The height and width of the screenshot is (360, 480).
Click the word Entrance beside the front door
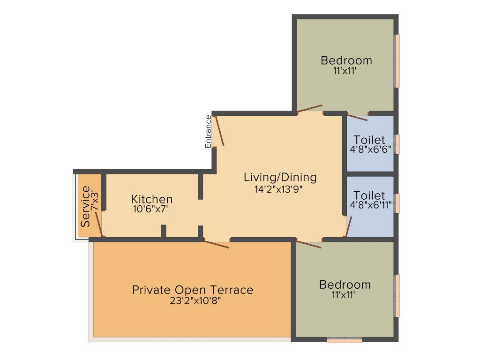[x=208, y=132]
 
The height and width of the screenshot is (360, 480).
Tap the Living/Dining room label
[x=280, y=178]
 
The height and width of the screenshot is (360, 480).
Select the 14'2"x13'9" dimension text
[x=278, y=189]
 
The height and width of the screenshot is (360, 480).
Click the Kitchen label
[x=152, y=199]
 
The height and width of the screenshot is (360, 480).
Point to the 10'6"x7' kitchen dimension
[x=150, y=210]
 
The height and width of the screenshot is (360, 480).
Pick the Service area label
[x=85, y=206]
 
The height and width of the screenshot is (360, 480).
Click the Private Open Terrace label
[x=193, y=290]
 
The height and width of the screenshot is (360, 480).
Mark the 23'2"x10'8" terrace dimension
[x=195, y=300]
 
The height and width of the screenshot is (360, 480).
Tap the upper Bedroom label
[x=346, y=60]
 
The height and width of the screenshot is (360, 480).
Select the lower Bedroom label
[x=345, y=285]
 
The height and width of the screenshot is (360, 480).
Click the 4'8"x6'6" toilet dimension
[x=371, y=150]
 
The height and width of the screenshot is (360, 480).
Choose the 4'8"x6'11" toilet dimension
[x=371, y=205]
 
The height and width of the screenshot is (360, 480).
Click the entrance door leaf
[x=219, y=131]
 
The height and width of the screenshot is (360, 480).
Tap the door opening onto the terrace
[x=217, y=244]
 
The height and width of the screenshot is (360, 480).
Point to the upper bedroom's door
[x=310, y=109]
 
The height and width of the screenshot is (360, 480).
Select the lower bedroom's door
[x=309, y=244]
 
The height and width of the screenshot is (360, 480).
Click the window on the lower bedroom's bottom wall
[x=345, y=340]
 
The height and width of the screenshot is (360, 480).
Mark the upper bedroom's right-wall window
[x=397, y=61]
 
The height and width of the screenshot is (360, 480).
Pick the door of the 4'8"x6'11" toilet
[x=349, y=227]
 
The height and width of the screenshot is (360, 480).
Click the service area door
[x=98, y=224]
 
